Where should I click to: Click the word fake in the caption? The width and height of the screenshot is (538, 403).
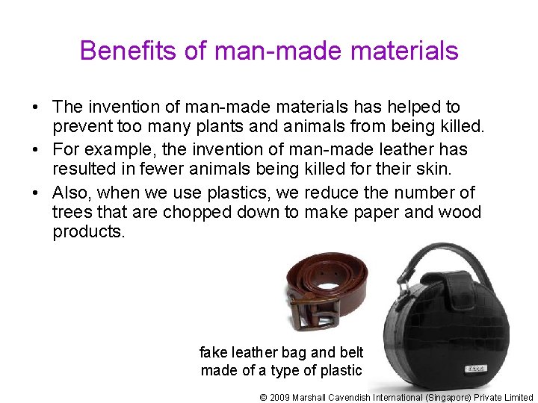[x=214, y=352]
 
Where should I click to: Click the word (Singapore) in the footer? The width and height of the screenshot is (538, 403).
[x=451, y=397]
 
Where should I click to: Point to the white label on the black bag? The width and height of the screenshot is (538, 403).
[x=474, y=369]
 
